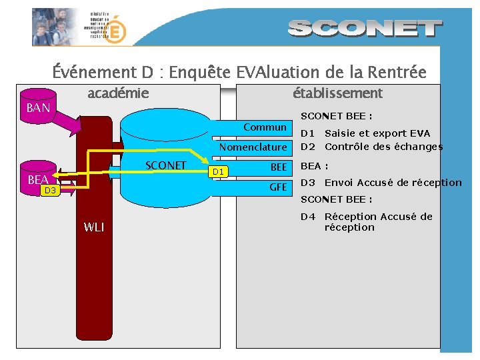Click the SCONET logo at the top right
[x=365, y=28]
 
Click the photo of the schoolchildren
[x=51, y=27]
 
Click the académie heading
[x=118, y=93]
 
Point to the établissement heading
[x=337, y=93]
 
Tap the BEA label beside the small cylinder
[x=37, y=180]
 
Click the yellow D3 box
[x=50, y=191]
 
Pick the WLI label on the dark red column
[x=93, y=227]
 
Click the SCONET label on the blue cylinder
[x=165, y=165]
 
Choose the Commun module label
[x=265, y=127]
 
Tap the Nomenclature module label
[x=253, y=147]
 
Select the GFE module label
[x=278, y=187]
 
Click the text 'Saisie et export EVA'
[x=377, y=133]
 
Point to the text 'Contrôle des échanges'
[x=383, y=147]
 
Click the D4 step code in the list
[x=307, y=217]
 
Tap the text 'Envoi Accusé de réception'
[x=393, y=183]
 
